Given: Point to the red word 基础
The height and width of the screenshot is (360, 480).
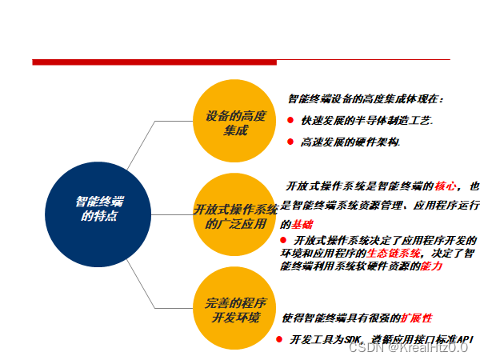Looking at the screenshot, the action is pos(303,224).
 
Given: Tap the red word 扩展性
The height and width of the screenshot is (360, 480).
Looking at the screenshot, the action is pos(417,317).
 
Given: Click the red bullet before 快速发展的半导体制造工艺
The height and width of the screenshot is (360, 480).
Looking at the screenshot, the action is pos(290,120).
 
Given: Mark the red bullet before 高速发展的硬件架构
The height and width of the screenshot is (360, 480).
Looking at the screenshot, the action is pos(290,142).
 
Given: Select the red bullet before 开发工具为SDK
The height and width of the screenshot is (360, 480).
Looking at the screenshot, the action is pos(279,339).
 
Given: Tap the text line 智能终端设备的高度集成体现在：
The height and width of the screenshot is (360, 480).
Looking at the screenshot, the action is pos(365,99).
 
